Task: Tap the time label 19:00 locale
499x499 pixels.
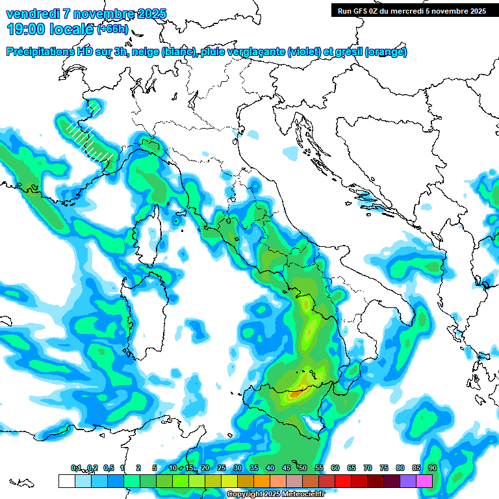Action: [x=50, y=29]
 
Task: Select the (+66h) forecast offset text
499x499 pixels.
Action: [x=116, y=29]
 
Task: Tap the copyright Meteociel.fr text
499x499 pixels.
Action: [x=275, y=494]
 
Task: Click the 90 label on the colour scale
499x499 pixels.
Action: [x=432, y=468]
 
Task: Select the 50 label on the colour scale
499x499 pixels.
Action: [x=303, y=468]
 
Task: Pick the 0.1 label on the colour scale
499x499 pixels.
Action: [x=76, y=468]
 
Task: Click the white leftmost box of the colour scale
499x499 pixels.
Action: [x=66, y=481]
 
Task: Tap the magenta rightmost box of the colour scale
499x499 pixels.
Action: [x=425, y=481]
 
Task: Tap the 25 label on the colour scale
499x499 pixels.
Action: [x=222, y=468]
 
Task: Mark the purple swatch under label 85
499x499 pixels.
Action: [x=408, y=481]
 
